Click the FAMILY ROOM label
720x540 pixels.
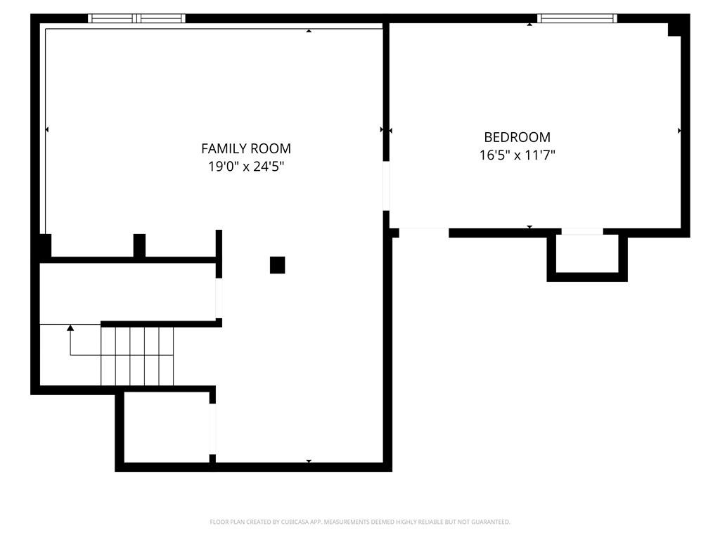tap(246, 148)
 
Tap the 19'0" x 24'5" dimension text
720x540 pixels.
tap(246, 166)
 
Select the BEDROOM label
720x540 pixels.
tap(517, 137)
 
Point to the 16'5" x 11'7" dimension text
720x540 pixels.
tap(517, 155)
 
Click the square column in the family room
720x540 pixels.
tap(277, 265)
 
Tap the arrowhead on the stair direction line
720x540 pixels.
tap(70, 328)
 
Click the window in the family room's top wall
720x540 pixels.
tap(137, 18)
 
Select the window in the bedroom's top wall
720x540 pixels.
tap(577, 18)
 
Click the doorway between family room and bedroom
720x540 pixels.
tap(386, 186)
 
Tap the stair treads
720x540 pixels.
tap(137, 356)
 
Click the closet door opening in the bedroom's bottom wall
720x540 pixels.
tap(582, 232)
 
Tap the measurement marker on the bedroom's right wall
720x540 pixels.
tap(680, 131)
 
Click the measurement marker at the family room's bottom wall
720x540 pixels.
tap(309, 461)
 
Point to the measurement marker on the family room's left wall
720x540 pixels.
tap(47, 130)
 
